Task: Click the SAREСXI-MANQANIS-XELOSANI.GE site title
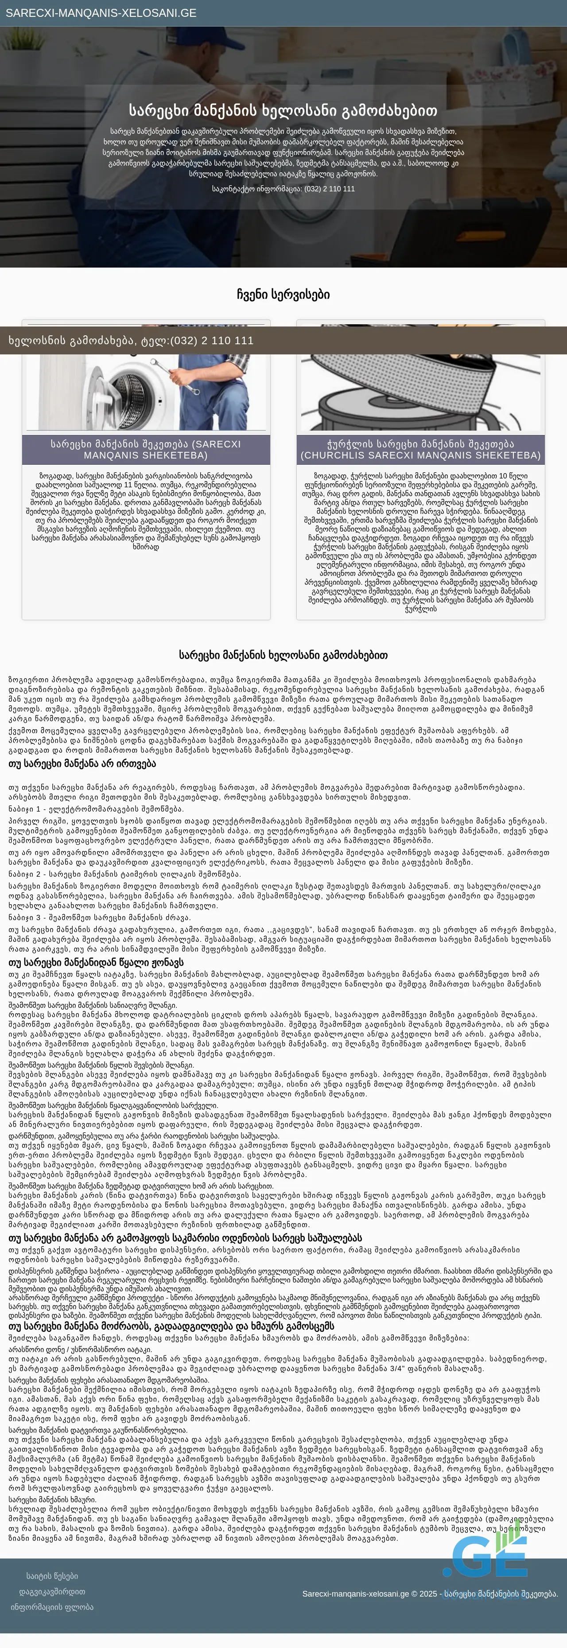tap(101, 13)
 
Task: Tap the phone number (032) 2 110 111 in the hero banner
tap(329, 189)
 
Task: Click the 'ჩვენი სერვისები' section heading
tap(283, 294)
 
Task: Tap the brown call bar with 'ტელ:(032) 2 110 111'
tap(131, 340)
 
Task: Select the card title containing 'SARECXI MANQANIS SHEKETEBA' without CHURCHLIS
tap(146, 449)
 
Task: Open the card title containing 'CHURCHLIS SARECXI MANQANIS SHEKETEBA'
tap(420, 449)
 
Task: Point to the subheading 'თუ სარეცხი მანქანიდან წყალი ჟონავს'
tap(96, 962)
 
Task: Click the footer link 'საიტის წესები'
tap(52, 1576)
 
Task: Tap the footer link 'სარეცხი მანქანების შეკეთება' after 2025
tap(501, 1594)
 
